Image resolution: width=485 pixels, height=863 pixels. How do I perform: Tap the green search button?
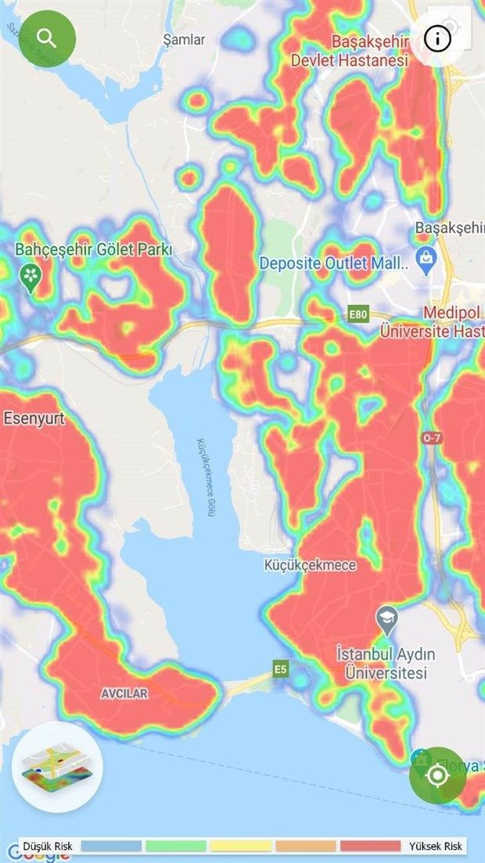point(46,37)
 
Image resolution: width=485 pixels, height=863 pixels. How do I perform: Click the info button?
point(438,37)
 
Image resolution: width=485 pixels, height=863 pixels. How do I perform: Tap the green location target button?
point(437,775)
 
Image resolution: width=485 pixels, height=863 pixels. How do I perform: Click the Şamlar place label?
point(184,39)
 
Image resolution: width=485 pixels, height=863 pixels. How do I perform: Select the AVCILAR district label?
point(124,693)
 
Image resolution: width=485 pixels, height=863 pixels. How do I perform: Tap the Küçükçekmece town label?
point(310,565)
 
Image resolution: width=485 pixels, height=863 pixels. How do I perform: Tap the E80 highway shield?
point(357,314)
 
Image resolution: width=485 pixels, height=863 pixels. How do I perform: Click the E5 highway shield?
point(281,668)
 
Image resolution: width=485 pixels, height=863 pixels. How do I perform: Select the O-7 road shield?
point(432,439)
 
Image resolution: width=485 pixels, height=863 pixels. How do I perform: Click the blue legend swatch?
point(111,846)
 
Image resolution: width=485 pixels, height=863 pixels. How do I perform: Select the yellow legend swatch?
point(241,846)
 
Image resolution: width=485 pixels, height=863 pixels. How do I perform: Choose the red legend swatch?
point(371,846)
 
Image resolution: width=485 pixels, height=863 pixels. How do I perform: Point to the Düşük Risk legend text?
point(48,846)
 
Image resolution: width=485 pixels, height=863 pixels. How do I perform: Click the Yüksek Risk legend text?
point(436,846)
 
